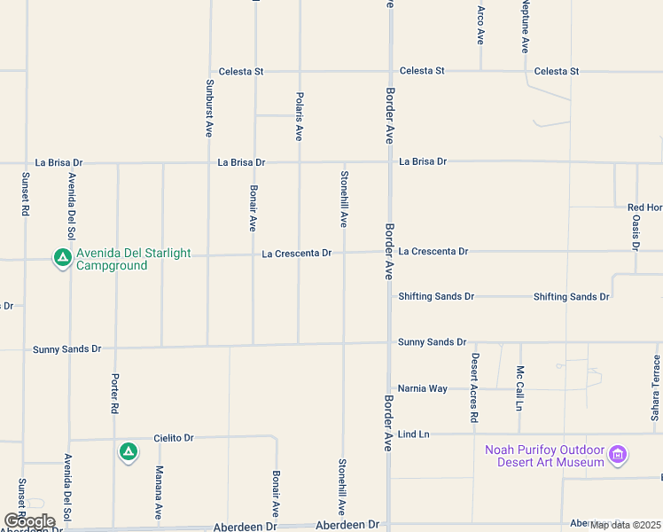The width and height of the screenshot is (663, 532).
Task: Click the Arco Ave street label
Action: click(480, 26)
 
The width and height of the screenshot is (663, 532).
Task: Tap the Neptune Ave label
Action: click(525, 27)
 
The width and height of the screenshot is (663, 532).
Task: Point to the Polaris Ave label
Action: click(299, 114)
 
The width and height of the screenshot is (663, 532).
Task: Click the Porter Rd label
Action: click(114, 395)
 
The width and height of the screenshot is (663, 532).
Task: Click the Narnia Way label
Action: click(423, 388)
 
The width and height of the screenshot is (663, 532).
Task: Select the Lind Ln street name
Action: click(413, 434)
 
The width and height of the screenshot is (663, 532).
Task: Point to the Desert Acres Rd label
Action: click(474, 387)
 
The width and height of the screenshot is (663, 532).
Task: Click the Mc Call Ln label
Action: click(520, 388)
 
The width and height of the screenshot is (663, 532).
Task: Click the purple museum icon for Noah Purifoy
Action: click(619, 457)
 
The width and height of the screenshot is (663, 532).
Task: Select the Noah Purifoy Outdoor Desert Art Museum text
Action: click(543, 456)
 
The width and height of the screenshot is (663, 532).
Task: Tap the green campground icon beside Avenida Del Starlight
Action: click(62, 258)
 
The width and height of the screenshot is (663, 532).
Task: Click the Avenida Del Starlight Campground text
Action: click(133, 259)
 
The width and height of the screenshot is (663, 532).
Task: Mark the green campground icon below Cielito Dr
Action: click(129, 453)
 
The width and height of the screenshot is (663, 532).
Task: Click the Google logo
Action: click(29, 520)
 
